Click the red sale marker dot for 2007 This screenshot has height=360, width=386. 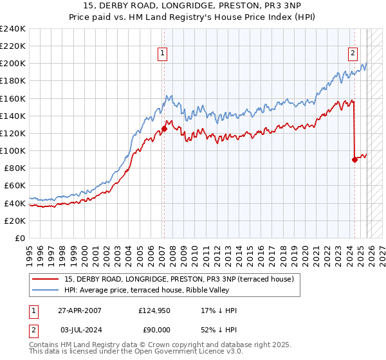(164, 129)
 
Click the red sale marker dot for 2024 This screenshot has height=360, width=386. (354, 159)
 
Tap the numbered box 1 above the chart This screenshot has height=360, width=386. (163, 53)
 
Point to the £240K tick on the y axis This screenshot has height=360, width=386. (13, 29)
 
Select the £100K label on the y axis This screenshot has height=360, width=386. (13, 150)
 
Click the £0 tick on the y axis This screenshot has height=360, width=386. (19, 238)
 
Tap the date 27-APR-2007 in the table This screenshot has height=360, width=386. (80, 310)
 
